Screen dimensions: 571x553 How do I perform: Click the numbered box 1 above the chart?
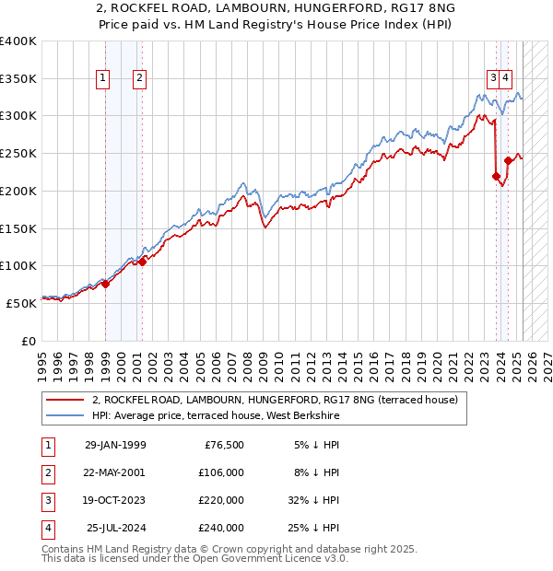coord(102,78)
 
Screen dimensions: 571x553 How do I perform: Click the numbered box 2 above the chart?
coord(138,78)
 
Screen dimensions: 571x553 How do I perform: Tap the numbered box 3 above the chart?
coord(494,78)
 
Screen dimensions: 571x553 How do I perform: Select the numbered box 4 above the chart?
coord(507,78)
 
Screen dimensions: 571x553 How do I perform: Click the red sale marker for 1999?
coord(105,284)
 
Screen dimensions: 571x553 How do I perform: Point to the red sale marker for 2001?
coord(142,262)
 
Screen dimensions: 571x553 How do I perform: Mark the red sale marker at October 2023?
coord(496,176)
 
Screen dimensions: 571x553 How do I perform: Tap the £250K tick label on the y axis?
coord(18,153)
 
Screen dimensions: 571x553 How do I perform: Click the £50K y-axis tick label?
coord(21,302)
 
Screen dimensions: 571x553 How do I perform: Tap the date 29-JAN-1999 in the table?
coord(115,446)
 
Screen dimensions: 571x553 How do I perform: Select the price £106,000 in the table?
coord(221,472)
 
